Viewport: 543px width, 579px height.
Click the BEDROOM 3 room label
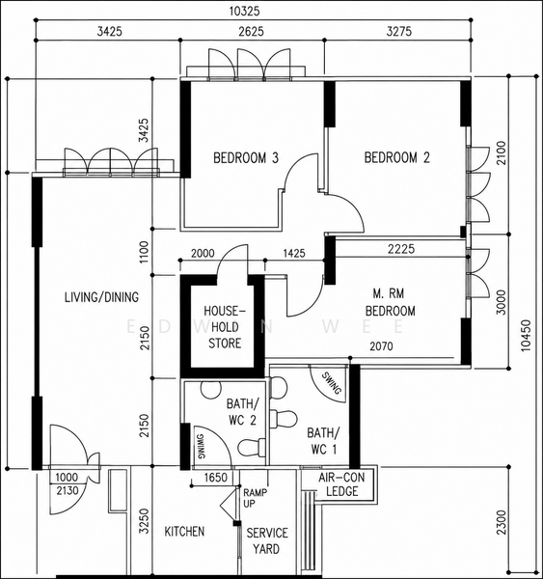click(246, 158)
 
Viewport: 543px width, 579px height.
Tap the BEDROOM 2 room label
click(397, 157)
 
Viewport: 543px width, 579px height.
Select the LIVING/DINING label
click(102, 297)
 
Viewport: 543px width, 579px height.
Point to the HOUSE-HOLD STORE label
click(225, 327)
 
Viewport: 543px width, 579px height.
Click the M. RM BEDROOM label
click(391, 302)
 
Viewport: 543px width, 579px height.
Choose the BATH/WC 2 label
click(242, 412)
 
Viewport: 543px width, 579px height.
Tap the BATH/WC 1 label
click(323, 441)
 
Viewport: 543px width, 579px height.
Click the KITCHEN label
click(184, 532)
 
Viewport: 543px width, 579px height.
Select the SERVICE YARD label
click(267, 541)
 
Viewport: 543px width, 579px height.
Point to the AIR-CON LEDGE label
click(341, 484)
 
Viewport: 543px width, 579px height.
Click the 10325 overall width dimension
click(244, 11)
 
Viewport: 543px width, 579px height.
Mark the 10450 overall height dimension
click(525, 336)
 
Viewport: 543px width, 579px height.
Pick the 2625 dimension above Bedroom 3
click(251, 32)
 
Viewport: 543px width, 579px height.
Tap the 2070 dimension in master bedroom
click(381, 346)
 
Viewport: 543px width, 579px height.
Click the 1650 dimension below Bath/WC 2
click(216, 478)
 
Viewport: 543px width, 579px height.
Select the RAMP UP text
click(256, 498)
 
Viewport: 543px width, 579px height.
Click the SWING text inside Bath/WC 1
click(332, 383)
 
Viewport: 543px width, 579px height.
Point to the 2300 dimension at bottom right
click(502, 522)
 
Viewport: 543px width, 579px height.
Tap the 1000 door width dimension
click(67, 478)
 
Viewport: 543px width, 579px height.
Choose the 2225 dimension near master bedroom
click(401, 249)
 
